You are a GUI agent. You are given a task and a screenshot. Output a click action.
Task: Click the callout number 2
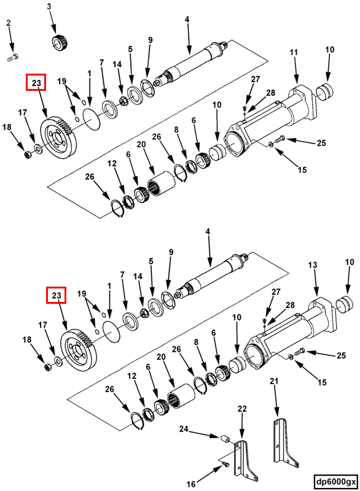pos(9,23)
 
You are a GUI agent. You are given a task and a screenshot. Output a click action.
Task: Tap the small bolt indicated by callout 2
pos(12,58)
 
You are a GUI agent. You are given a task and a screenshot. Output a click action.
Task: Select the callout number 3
pos(49,7)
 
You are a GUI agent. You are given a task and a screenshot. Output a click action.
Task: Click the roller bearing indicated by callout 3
pos(60,43)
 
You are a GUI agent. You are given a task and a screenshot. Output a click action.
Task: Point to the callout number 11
pos(293,52)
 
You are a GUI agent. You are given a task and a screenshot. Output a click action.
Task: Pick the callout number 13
pos(312,265)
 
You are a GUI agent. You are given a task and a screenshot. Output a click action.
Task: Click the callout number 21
pos(274,381)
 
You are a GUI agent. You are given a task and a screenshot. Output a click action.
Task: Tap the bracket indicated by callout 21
pos(284,442)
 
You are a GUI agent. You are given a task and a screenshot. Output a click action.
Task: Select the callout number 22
pos(242,409)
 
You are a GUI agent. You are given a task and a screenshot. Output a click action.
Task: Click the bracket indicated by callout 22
pos(246,460)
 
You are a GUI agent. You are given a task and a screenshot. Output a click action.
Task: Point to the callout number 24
pos(184,428)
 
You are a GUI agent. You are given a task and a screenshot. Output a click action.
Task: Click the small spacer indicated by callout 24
pos(225,439)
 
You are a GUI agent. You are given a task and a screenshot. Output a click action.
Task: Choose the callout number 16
pos(191,484)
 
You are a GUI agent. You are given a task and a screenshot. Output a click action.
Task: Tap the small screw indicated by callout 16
pos(225,463)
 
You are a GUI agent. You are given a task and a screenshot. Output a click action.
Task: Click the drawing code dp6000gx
pos(336,481)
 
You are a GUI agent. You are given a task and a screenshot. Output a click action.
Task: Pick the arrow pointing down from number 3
pos(53,23)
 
